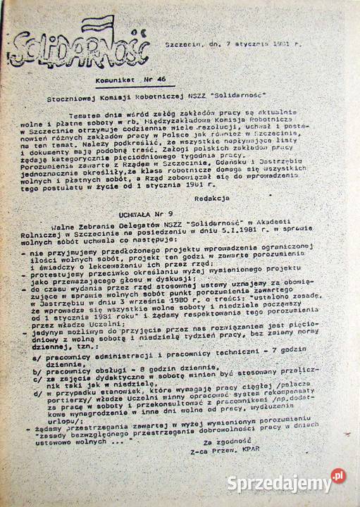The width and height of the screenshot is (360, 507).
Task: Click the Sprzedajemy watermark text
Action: (279, 483)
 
